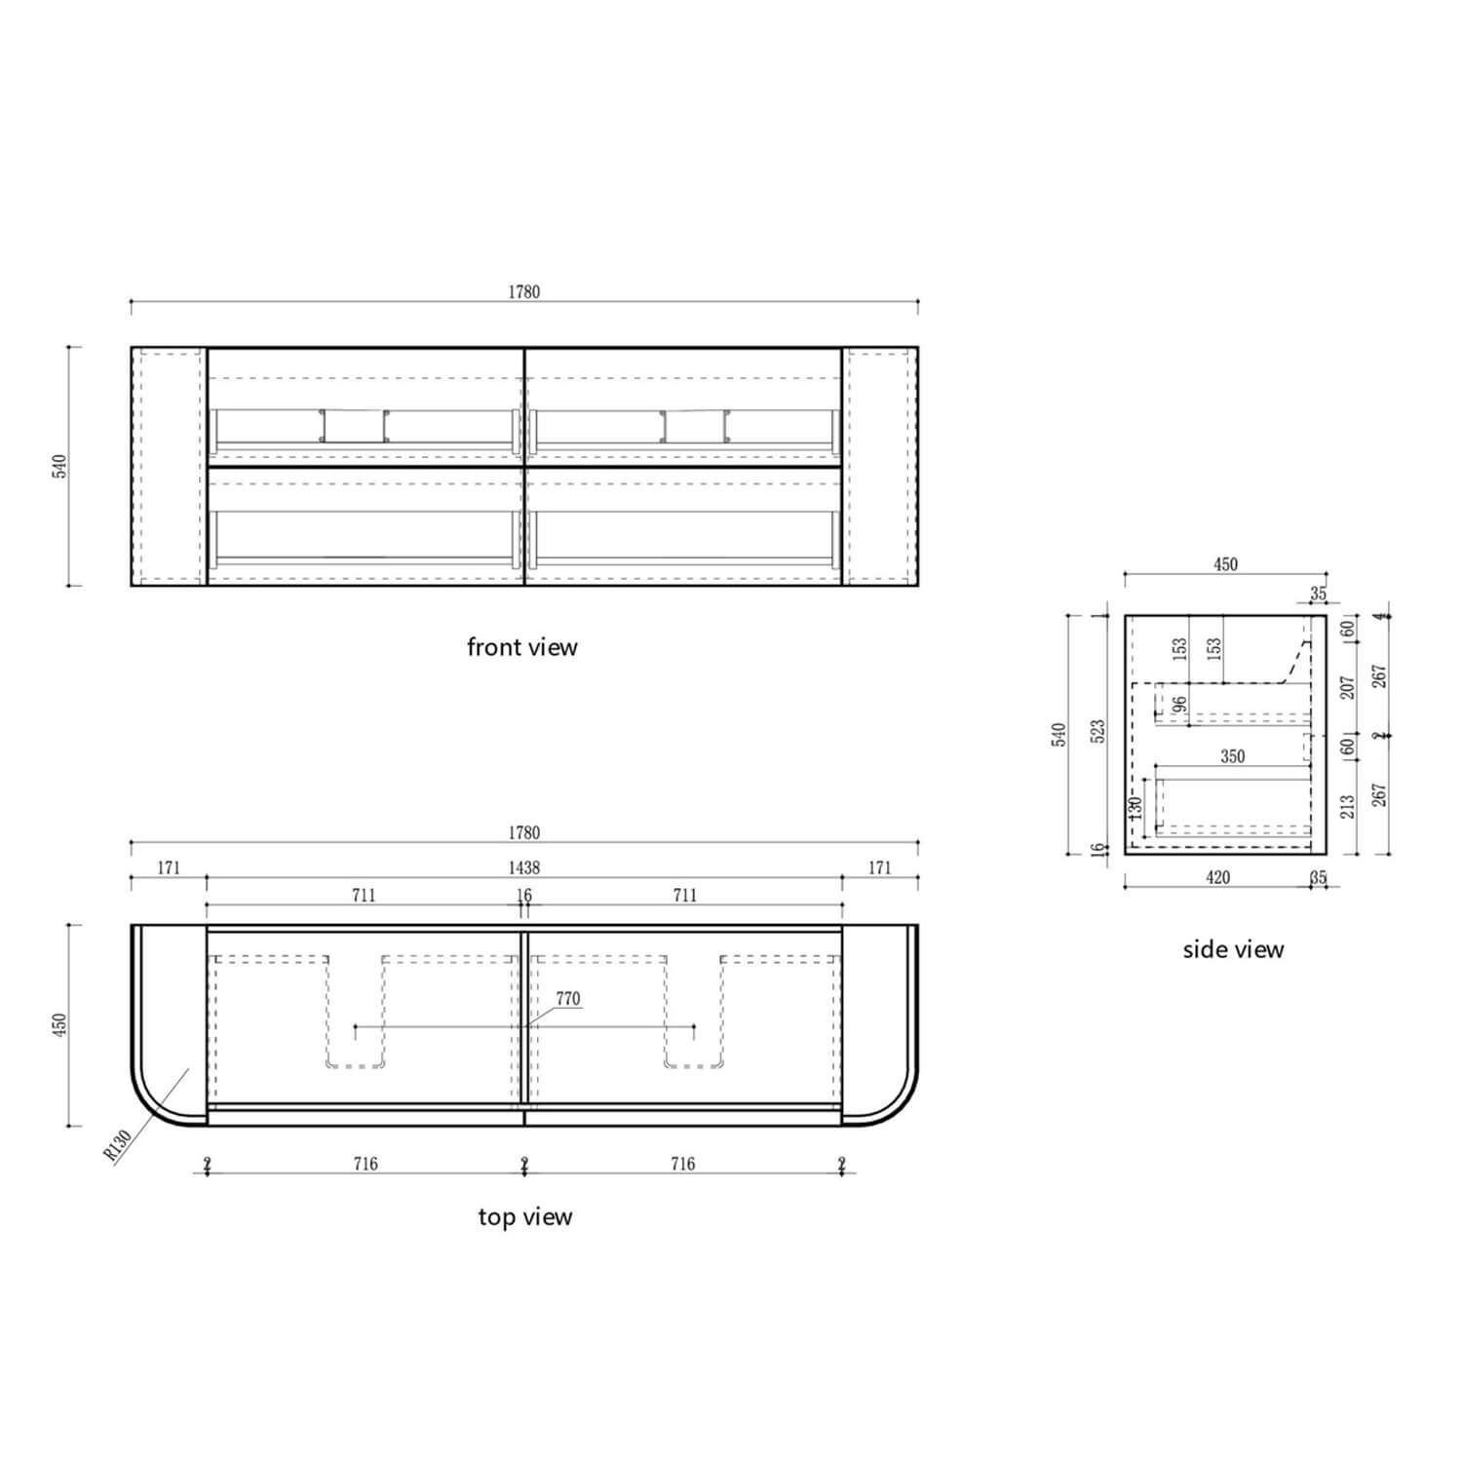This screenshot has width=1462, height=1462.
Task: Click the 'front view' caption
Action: pos(522,647)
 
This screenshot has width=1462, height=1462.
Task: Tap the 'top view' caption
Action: pos(525,1217)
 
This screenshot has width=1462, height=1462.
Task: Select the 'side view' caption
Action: pos(1233,949)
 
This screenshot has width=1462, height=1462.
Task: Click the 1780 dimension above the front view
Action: pos(523,291)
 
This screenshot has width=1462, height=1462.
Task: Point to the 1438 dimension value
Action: pos(523,867)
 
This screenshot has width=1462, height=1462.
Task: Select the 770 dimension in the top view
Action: pos(568,999)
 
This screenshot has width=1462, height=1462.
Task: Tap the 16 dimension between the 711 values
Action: pos(523,895)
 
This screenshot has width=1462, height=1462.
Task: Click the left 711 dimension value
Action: pos(364,895)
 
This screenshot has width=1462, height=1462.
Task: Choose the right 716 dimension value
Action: pos(683,1164)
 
